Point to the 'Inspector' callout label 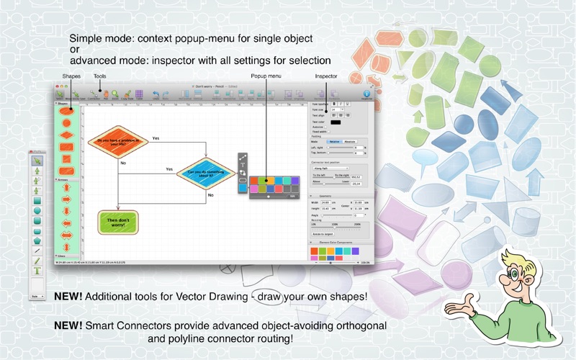click(x=326, y=76)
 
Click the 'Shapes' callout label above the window click(x=72, y=76)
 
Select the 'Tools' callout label click(x=100, y=76)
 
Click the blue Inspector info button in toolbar click(x=366, y=94)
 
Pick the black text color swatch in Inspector click(x=336, y=122)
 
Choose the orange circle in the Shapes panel click(x=66, y=123)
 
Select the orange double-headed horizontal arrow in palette click(x=66, y=235)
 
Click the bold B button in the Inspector click(x=334, y=103)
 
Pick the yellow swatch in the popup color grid click(x=266, y=180)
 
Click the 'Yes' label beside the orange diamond click(x=156, y=137)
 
